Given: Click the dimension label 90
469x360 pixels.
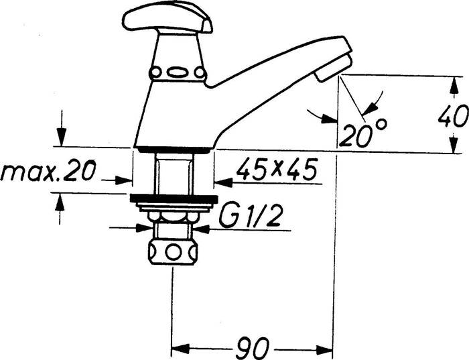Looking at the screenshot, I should (x=253, y=347).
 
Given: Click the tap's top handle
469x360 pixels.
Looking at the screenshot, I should (x=167, y=18).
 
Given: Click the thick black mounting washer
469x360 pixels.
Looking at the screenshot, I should (x=173, y=200).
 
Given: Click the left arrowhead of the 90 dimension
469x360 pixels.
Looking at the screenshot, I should (x=180, y=349).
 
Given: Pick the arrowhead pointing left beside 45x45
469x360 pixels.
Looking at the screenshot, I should (x=222, y=181).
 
